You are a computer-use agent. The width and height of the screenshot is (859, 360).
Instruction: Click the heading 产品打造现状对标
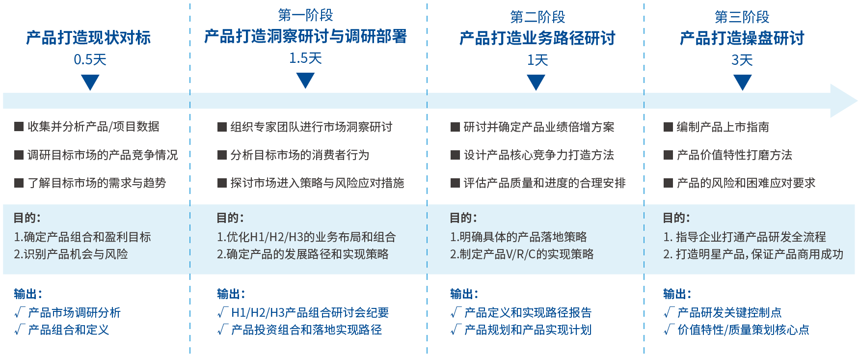click(88, 38)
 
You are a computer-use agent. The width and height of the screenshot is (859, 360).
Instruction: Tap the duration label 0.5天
click(90, 60)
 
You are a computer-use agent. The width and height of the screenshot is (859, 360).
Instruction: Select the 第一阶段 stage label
click(305, 15)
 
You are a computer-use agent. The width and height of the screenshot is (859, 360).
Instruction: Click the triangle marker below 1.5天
click(305, 80)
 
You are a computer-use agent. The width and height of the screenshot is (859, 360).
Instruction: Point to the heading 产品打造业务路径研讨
click(537, 38)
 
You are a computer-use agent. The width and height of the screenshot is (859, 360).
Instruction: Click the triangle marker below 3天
click(742, 82)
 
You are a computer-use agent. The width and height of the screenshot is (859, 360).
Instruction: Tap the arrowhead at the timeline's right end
click(842, 101)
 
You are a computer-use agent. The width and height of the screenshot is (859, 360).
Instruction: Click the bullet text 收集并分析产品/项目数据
click(93, 127)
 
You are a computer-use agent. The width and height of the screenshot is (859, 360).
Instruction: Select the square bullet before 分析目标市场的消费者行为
click(222, 155)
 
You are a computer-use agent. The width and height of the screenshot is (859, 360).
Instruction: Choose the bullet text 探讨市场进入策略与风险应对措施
click(317, 183)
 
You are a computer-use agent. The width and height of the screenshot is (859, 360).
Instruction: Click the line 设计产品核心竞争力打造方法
click(539, 155)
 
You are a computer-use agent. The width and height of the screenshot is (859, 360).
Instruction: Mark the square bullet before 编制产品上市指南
click(668, 127)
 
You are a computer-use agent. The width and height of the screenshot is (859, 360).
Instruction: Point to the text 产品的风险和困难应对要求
click(746, 183)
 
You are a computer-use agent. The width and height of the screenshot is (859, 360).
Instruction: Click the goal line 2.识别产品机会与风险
click(71, 254)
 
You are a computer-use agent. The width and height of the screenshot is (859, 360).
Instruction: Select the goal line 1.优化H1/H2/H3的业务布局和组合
click(306, 237)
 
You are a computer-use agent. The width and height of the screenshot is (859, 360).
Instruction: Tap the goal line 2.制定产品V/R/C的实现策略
click(522, 254)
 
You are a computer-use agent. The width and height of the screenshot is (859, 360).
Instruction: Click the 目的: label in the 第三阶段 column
click(676, 218)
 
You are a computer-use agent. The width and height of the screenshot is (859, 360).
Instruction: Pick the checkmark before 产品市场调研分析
click(19, 312)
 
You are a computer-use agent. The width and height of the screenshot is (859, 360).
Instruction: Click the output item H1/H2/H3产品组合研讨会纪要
click(310, 312)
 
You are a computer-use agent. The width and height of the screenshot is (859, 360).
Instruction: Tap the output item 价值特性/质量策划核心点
click(743, 330)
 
